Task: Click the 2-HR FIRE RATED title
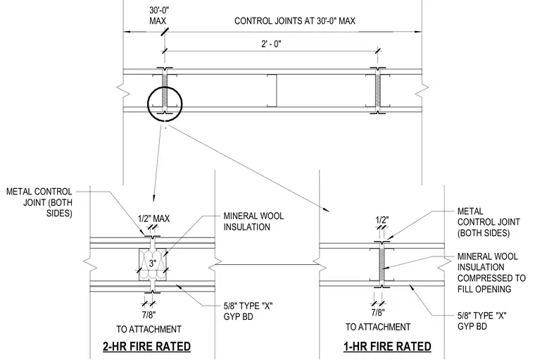[x=146, y=347]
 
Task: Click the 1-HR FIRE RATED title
[x=387, y=347]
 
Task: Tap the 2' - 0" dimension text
[x=271, y=44]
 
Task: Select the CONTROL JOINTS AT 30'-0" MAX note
[x=295, y=21]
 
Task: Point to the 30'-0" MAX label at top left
[x=159, y=15]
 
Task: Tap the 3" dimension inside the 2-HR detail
[x=153, y=263]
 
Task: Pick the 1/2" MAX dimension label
[x=153, y=218]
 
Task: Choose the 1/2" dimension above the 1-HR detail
[x=382, y=220]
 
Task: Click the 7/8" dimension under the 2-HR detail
[x=149, y=314]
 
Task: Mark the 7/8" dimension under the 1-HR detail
[x=378, y=312]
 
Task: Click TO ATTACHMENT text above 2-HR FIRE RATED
[x=149, y=329]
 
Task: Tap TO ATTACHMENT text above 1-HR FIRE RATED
[x=378, y=327]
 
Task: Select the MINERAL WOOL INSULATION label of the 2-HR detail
[x=253, y=221]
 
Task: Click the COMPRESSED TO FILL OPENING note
[x=491, y=283]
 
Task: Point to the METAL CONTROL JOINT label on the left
[x=39, y=202]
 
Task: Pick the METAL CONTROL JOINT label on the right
[x=489, y=222]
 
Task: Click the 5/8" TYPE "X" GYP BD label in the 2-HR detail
[x=248, y=311]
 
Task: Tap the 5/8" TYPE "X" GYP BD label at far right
[x=481, y=321]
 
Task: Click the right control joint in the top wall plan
[x=378, y=90]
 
